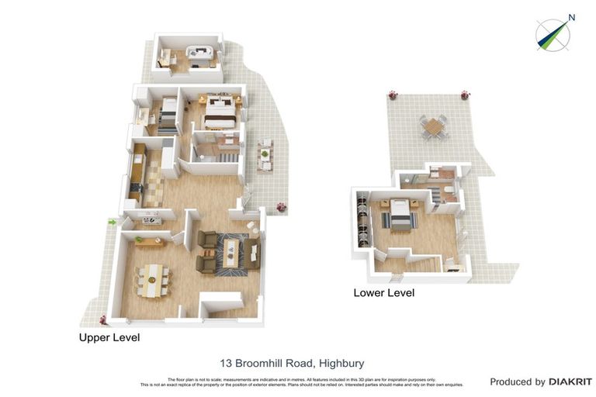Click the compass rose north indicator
coord(553,35)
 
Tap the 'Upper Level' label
coord(109,338)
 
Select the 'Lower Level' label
coord(383,293)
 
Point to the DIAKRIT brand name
coord(570,381)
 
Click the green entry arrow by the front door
coord(113,223)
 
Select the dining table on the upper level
coord(152,279)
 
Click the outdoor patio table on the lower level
coord(435,126)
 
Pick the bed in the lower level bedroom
coord(399,215)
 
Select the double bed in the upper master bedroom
coord(220,114)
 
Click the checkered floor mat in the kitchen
coord(154,187)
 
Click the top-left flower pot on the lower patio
coord(393,95)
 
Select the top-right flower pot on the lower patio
coord(466,95)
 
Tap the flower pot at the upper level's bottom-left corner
coord(102,319)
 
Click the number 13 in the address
coord(227,363)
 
